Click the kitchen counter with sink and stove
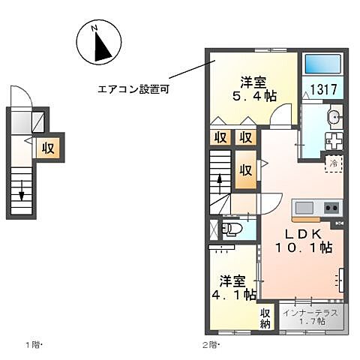[x=316, y=208]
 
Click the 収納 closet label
[x=265, y=318]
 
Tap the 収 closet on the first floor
[x=49, y=147]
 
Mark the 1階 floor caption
[x=34, y=345]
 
